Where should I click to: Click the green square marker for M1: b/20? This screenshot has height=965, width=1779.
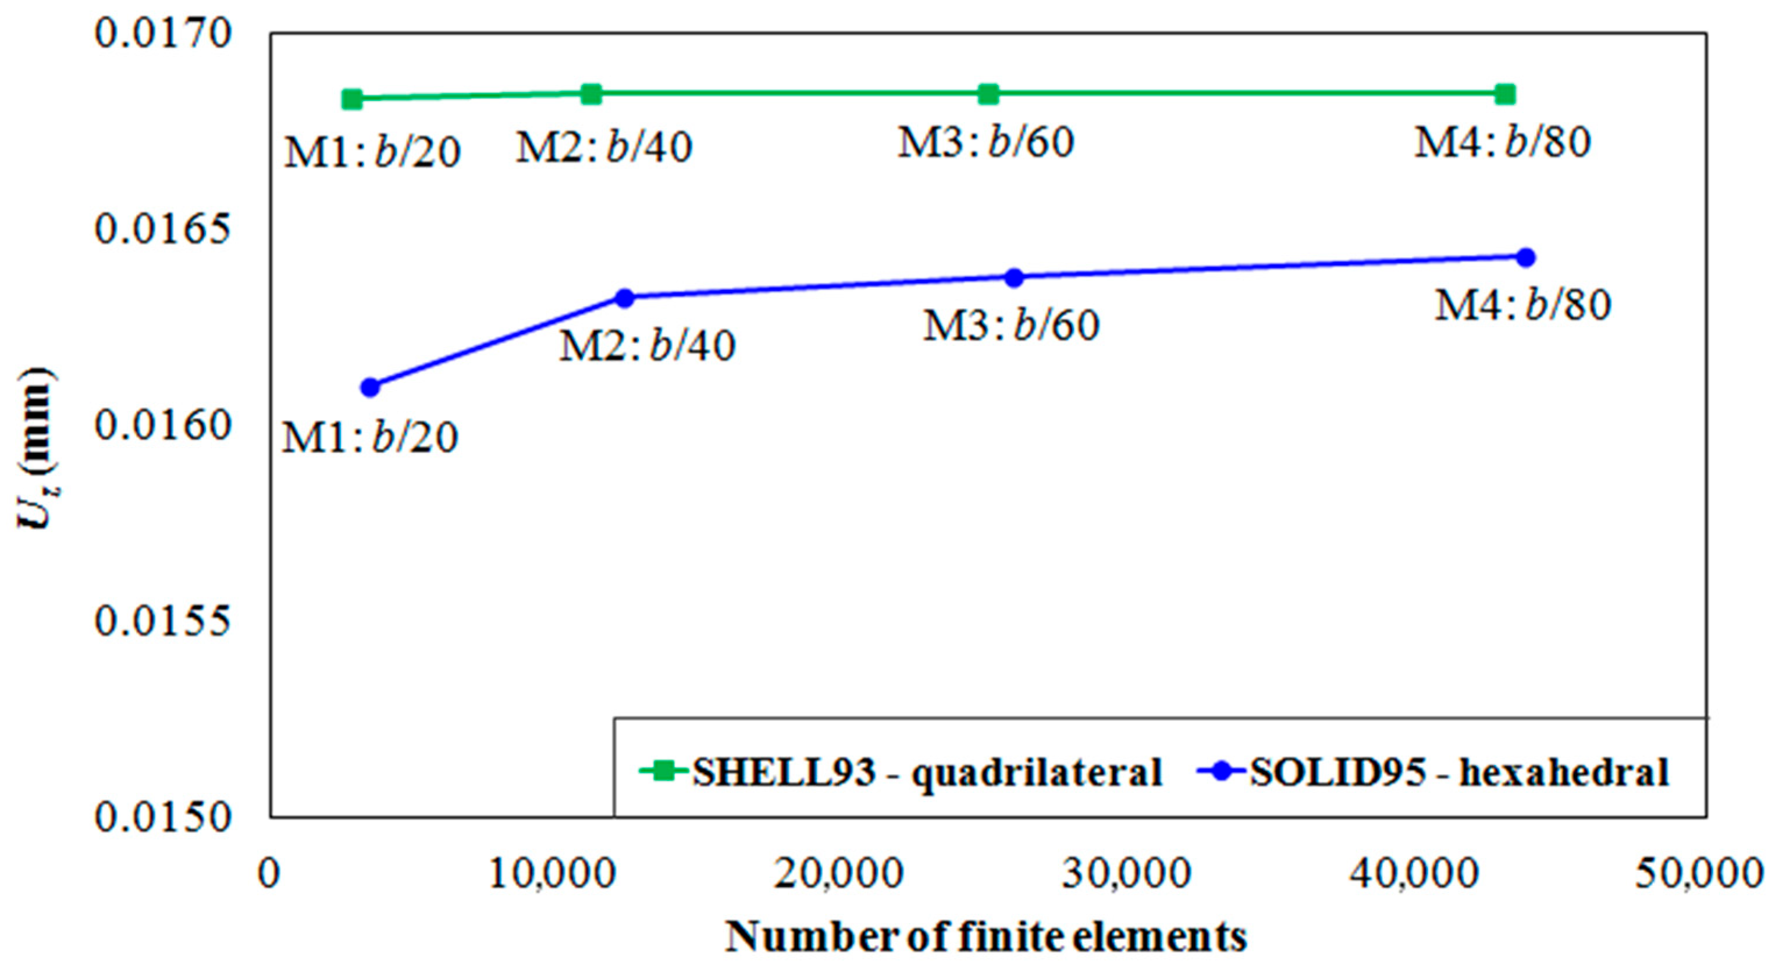coord(352,99)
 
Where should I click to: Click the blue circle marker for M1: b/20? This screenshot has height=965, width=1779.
coord(370,387)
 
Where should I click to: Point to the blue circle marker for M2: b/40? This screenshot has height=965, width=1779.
coord(624,298)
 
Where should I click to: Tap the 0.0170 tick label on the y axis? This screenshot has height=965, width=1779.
coord(162,33)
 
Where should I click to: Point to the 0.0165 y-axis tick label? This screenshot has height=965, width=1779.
coord(162,229)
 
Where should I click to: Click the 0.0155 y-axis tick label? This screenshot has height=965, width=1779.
coord(162,621)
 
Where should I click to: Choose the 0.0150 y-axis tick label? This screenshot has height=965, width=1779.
coord(162,817)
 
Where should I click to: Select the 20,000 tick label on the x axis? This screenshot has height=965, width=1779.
coord(838,874)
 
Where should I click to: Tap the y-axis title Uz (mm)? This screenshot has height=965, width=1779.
coord(36,449)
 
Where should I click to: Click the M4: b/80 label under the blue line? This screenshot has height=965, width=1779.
coord(1524,305)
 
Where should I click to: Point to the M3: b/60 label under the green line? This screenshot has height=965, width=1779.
coord(986,143)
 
